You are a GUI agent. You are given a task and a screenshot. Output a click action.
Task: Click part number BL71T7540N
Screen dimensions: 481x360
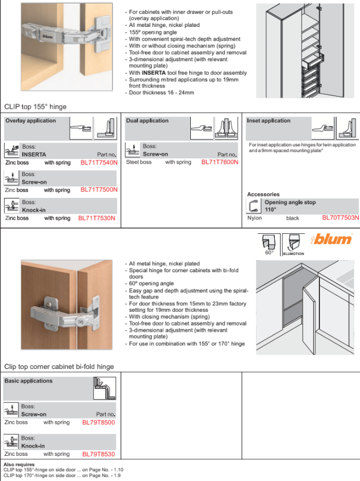[x=99, y=162]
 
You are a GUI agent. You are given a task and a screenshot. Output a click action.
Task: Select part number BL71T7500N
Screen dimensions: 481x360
[x=99, y=190]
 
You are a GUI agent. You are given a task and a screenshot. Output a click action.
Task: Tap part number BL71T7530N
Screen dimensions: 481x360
[x=97, y=218]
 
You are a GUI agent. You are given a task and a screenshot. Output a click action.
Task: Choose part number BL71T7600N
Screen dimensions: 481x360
[x=219, y=162]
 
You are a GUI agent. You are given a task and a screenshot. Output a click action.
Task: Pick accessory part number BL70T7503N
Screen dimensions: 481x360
[x=340, y=218]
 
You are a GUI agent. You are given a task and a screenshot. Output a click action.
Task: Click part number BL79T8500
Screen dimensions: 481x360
[x=99, y=423]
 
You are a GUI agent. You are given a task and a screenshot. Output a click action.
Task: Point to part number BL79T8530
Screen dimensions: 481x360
[x=99, y=454]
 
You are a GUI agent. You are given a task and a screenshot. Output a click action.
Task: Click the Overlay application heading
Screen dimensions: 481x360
[x=31, y=121]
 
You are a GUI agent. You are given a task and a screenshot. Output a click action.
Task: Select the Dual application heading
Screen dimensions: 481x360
[x=147, y=121]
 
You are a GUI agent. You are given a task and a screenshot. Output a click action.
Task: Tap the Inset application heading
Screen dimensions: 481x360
[x=269, y=121]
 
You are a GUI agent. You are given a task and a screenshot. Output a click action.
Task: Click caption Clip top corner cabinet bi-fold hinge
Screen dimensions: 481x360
[x=59, y=367]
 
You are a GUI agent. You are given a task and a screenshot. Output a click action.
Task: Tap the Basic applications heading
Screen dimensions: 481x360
[x=29, y=381]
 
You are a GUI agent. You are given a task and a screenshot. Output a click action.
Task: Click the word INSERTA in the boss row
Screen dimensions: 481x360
[x=34, y=155]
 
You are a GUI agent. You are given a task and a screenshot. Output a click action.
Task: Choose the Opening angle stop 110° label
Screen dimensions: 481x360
[x=290, y=206]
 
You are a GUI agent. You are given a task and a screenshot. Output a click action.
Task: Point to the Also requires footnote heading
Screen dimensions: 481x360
[x=19, y=464]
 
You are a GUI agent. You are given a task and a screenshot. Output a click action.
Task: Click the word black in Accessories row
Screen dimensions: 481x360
[x=293, y=218]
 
